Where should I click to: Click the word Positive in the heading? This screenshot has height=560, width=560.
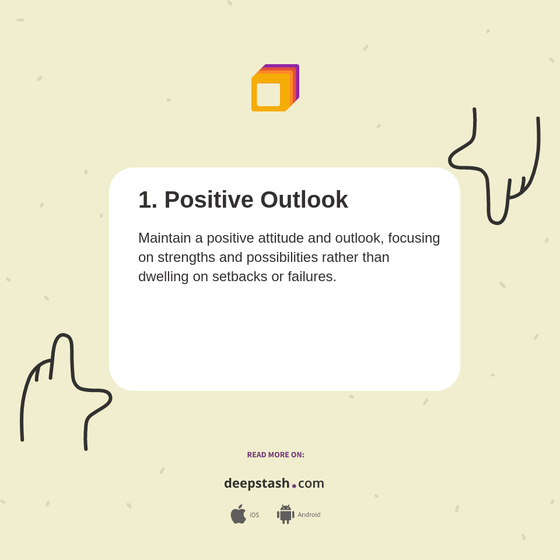tap(208, 199)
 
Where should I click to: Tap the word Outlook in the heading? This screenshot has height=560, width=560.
tap(304, 199)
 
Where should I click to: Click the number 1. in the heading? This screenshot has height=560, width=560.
tap(148, 199)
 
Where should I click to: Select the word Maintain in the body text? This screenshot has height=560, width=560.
tap(164, 238)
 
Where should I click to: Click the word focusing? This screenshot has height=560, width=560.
tap(414, 238)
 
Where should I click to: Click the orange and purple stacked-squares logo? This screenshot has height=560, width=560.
tap(275, 88)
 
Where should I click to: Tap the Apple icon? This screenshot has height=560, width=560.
tap(238, 514)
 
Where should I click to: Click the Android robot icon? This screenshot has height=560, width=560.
tap(285, 514)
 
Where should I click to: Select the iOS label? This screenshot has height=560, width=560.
tap(254, 515)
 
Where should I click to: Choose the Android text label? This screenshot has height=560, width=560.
tap(309, 514)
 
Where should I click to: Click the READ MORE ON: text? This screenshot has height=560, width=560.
tap(275, 455)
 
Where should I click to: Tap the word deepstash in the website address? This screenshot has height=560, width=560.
tap(257, 483)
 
